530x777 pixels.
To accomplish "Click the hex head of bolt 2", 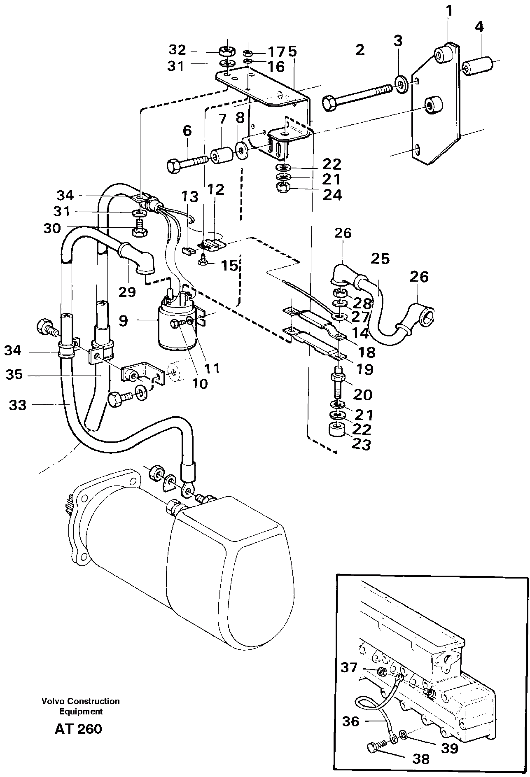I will [330, 103].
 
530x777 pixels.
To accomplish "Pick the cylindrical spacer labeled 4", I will [479, 66].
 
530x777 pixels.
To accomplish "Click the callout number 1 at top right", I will [450, 11].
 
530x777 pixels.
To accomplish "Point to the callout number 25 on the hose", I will [380, 259].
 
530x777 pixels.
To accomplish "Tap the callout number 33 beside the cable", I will [18, 405].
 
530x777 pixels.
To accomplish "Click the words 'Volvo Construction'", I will [80, 701].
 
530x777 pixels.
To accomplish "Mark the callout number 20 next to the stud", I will [363, 394].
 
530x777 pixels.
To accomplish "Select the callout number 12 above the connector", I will [216, 190].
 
